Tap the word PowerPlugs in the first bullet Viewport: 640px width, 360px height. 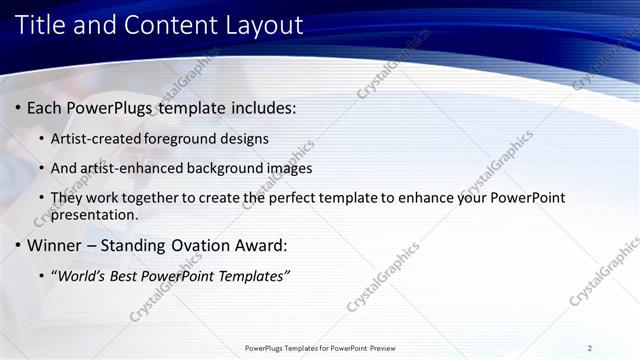coord(114,107)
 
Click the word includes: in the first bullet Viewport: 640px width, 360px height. coord(263,107)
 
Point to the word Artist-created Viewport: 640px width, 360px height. coord(98,138)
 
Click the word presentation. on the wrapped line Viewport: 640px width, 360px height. coord(93,214)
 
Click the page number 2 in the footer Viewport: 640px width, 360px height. coord(590,348)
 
